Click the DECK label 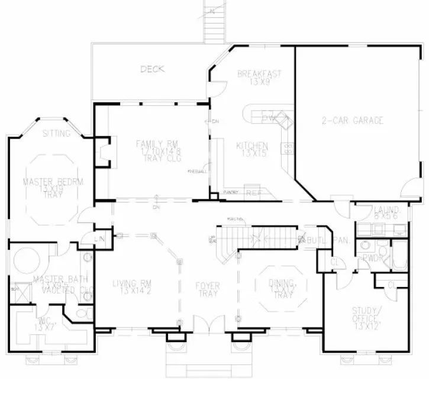pyautogui.click(x=152, y=69)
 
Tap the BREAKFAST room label pyautogui.click(x=259, y=74)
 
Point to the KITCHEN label pyautogui.click(x=253, y=146)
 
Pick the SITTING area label pyautogui.click(x=56, y=134)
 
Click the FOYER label pyautogui.click(x=208, y=286)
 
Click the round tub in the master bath pyautogui.click(x=26, y=259)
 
